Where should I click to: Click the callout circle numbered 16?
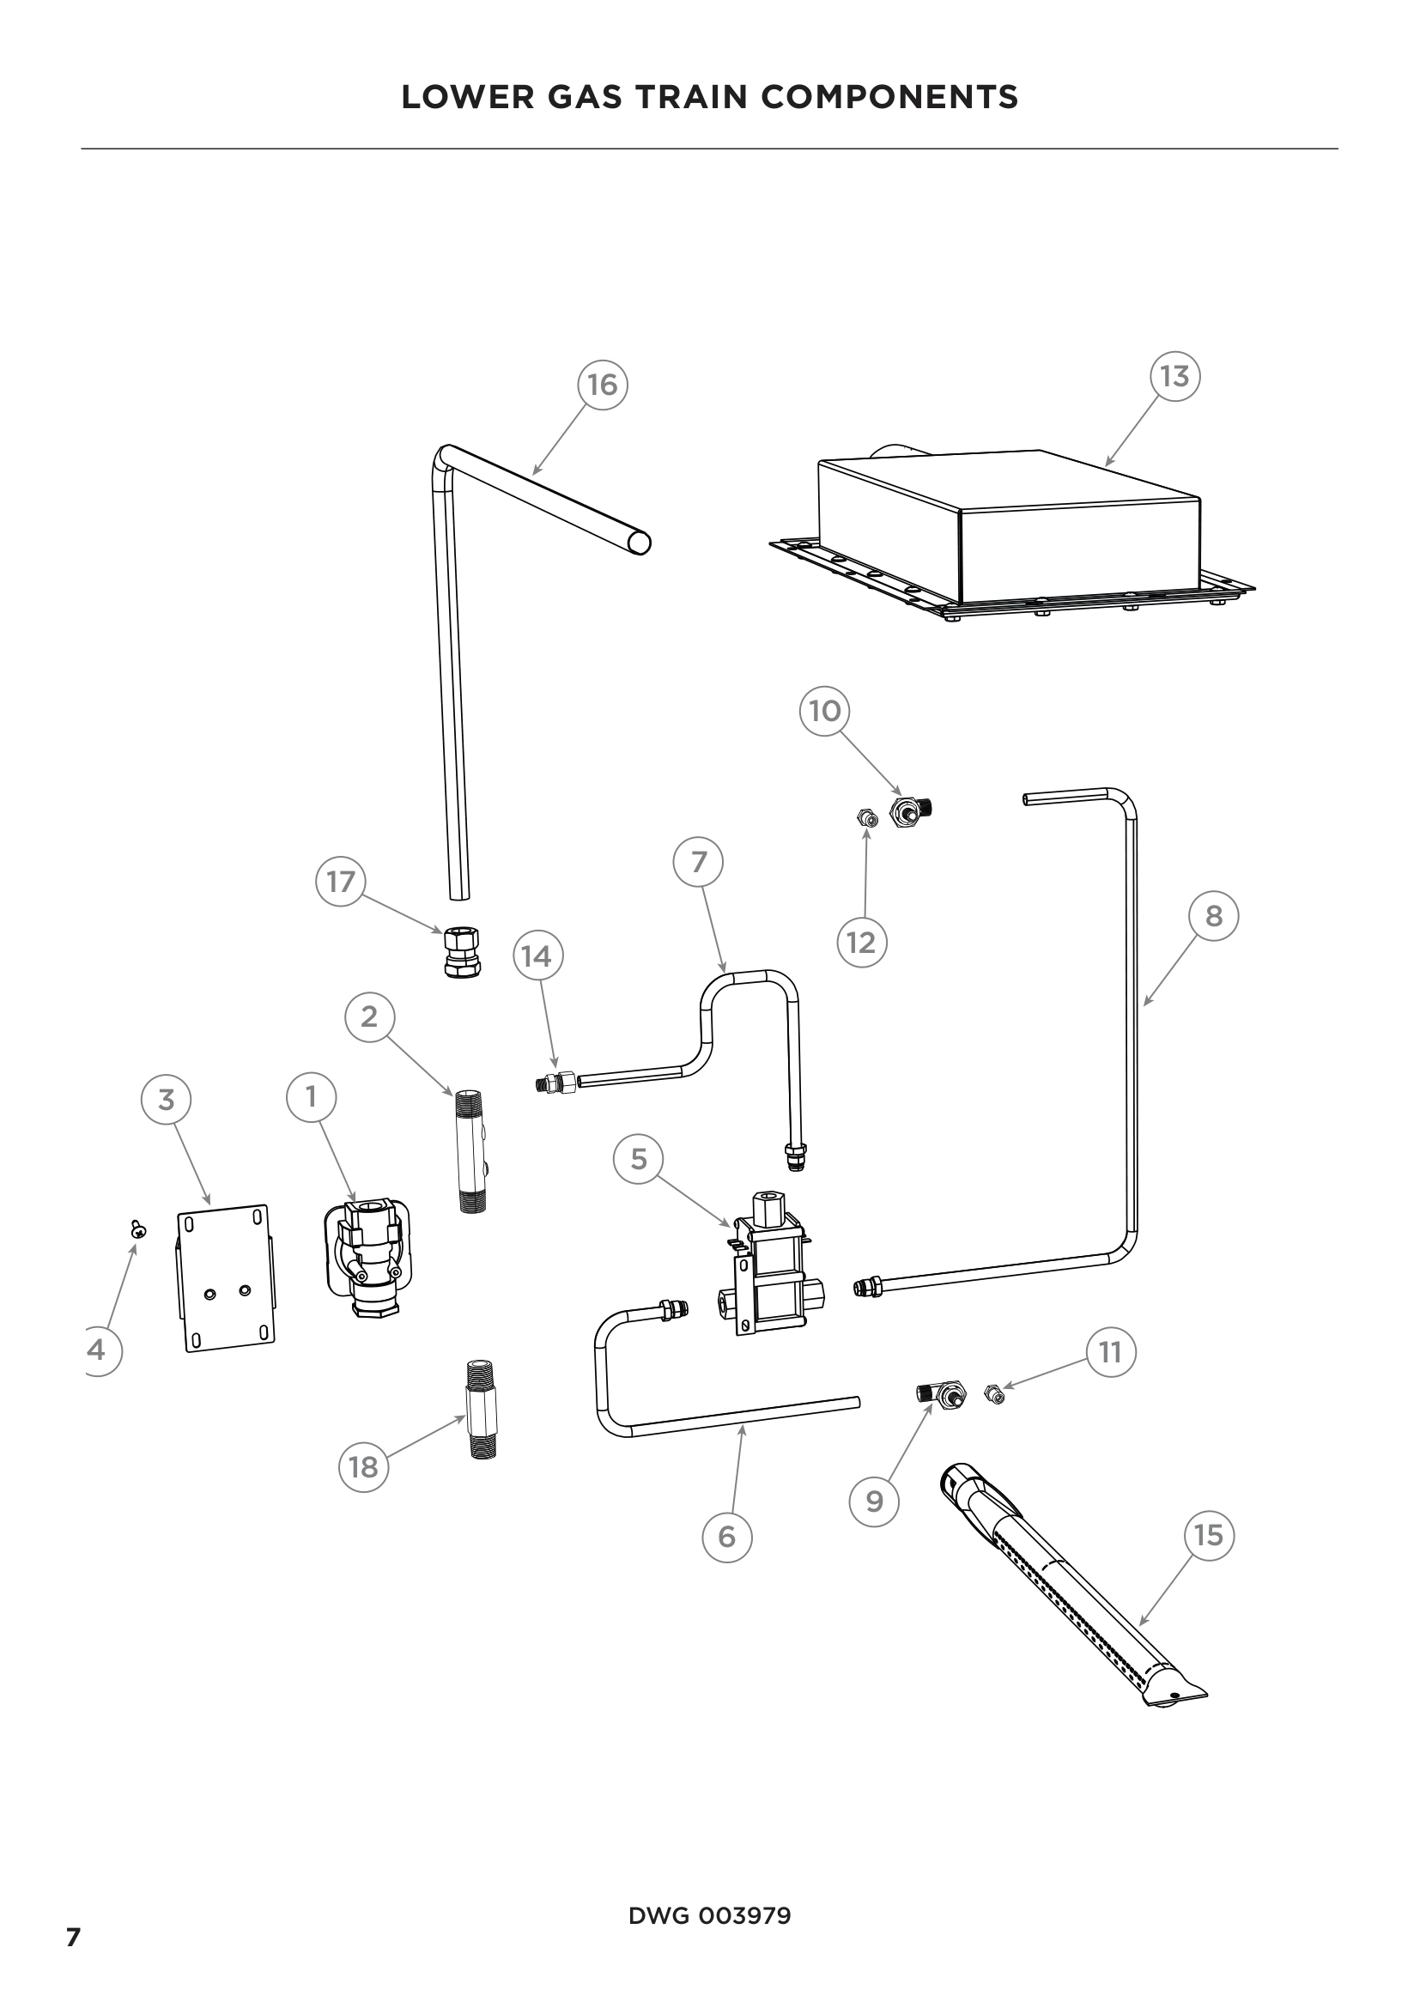pos(603,385)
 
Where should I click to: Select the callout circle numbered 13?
pos(1174,376)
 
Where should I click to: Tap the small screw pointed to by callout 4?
pos(138,1228)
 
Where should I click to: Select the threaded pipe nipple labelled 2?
pos(471,1150)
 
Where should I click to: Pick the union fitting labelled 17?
pos(463,952)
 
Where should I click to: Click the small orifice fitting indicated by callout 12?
pos(866,819)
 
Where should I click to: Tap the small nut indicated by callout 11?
pos(993,1394)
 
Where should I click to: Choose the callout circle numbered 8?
pos(1214,916)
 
